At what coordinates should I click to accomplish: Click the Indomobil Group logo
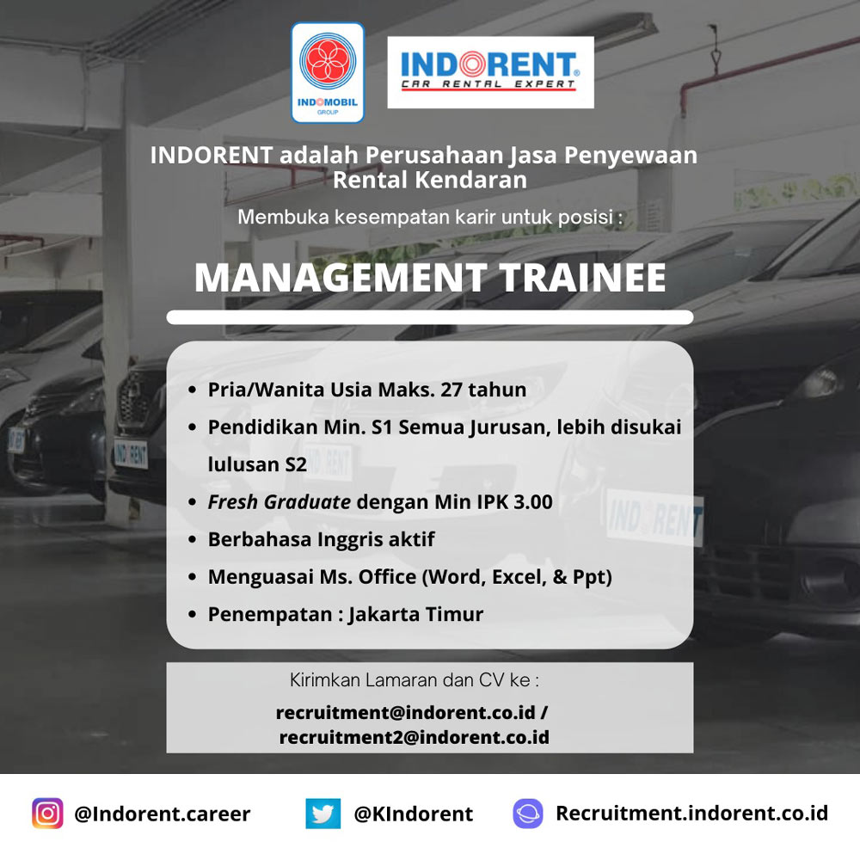pyautogui.click(x=328, y=72)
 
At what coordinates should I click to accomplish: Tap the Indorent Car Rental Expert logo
pyautogui.click(x=490, y=72)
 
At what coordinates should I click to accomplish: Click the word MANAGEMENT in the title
pyautogui.click(x=340, y=278)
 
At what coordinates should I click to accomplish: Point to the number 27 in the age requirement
pyautogui.click(x=451, y=390)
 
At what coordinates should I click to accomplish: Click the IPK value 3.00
pyautogui.click(x=532, y=502)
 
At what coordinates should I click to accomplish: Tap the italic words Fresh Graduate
pyautogui.click(x=279, y=502)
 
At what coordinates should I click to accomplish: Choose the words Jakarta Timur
pyautogui.click(x=415, y=614)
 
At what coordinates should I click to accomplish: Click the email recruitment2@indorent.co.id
pyautogui.click(x=415, y=737)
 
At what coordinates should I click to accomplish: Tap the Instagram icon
pyautogui.click(x=47, y=814)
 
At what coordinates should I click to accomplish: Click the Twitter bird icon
pyautogui.click(x=323, y=814)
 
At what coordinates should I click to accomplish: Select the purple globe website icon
pyautogui.click(x=528, y=814)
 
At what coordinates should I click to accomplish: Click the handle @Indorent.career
pyautogui.click(x=163, y=814)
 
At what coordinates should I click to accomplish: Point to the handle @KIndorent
pyautogui.click(x=413, y=814)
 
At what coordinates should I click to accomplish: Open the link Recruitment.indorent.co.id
pyautogui.click(x=691, y=814)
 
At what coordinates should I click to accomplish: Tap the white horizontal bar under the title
pyautogui.click(x=430, y=317)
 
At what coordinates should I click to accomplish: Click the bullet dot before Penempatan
pyautogui.click(x=192, y=614)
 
